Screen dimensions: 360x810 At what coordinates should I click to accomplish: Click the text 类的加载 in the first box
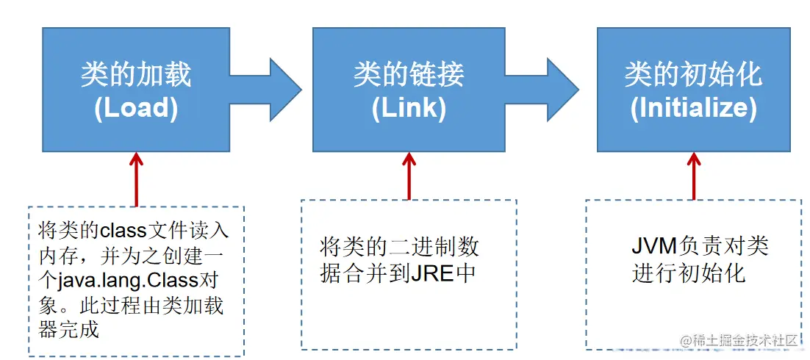point(136,75)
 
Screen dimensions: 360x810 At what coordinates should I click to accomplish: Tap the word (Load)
point(136,108)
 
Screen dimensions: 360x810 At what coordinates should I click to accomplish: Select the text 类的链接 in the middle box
point(409,75)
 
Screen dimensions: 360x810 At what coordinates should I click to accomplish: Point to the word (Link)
point(409,108)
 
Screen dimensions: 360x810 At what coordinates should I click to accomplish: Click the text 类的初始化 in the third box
point(693,75)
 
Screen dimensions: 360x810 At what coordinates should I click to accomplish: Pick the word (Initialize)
point(693,108)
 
